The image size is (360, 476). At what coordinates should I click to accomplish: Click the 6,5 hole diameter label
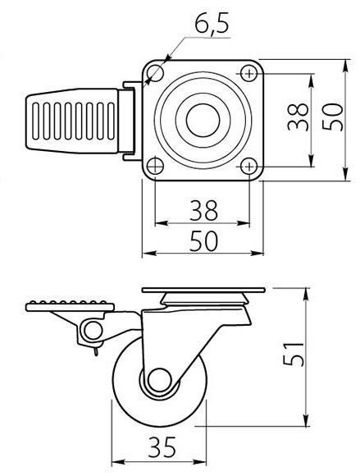(212, 22)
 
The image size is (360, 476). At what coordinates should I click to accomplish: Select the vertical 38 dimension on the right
(298, 117)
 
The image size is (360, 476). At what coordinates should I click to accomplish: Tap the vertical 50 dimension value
(332, 117)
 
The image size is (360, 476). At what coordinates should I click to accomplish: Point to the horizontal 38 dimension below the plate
(204, 210)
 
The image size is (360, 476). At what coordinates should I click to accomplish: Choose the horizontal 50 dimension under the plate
(204, 241)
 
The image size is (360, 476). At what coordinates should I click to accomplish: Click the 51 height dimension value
(293, 354)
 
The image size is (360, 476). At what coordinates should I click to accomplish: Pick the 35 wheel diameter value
(162, 447)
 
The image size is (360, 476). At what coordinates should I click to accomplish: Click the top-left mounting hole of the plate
(155, 73)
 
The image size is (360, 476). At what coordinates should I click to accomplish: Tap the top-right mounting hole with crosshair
(249, 73)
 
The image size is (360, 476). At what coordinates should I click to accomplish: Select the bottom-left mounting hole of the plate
(155, 166)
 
